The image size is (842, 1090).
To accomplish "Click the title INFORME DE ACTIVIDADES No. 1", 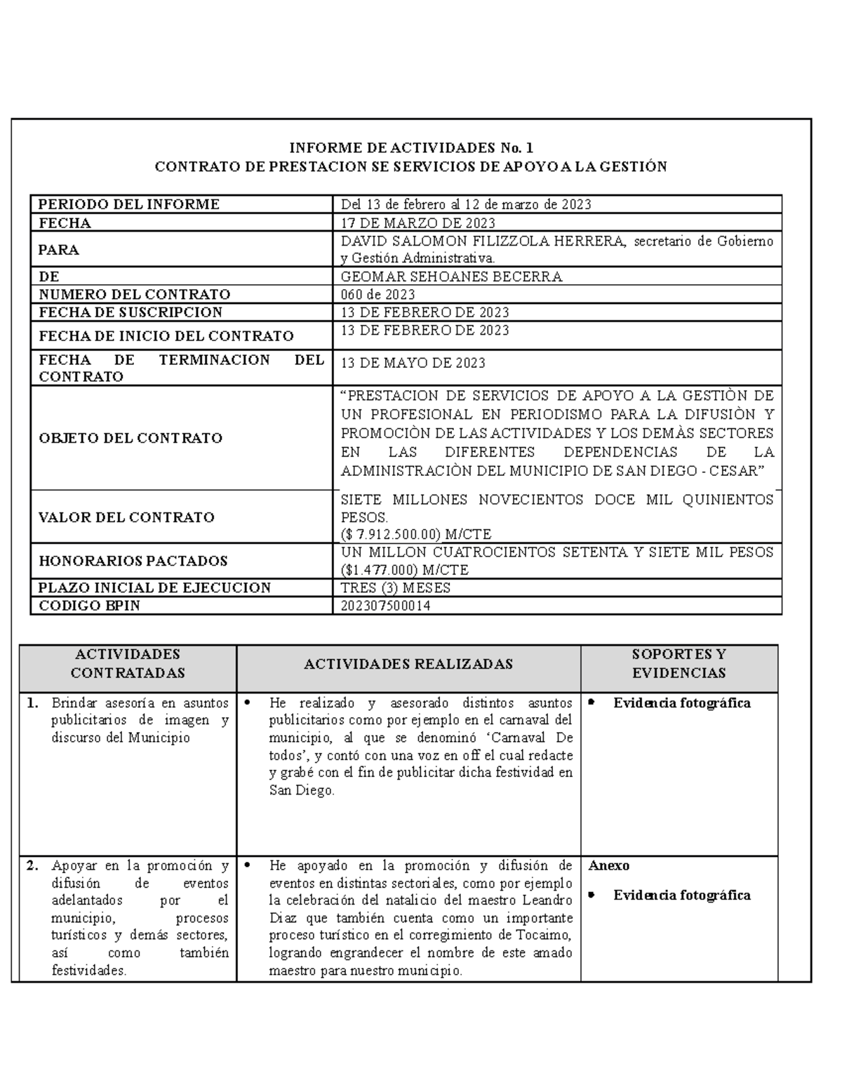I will [411, 147].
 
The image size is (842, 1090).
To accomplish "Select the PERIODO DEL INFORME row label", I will [128, 204].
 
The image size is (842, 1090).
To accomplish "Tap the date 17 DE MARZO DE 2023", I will [417, 223].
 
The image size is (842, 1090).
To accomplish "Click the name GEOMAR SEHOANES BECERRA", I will [451, 277].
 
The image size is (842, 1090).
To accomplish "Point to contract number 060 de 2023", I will [377, 295].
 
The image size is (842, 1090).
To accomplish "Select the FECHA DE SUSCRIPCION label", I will [131, 312].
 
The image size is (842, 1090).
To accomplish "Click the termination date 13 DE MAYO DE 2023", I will [413, 363].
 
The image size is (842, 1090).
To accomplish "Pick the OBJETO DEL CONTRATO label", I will [131, 438].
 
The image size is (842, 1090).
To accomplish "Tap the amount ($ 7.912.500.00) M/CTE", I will [415, 533].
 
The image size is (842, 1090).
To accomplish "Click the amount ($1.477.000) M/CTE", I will [404, 569].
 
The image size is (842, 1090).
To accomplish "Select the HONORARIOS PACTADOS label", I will [133, 561].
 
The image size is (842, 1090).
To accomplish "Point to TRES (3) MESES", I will [395, 587].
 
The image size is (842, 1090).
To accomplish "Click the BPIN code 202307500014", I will [385, 606].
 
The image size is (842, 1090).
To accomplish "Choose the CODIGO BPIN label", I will [89, 606].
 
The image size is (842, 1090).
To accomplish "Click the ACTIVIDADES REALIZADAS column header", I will [408, 664].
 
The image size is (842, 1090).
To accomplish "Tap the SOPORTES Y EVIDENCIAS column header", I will [679, 663].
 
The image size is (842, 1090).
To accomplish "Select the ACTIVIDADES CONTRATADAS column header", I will [128, 663].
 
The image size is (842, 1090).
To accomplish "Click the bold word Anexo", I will [609, 865].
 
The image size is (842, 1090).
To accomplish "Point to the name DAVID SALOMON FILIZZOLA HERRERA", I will [482, 241].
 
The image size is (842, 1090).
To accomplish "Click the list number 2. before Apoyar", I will [32, 865].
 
